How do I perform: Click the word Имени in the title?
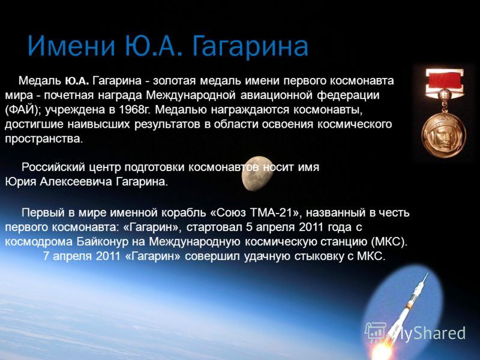(x=71, y=46)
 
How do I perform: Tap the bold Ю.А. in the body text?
(x=77, y=81)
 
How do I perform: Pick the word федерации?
(x=348, y=96)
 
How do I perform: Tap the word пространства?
(x=44, y=139)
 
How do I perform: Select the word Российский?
(x=53, y=167)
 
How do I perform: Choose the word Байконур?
(x=103, y=242)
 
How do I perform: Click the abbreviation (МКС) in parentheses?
(x=388, y=242)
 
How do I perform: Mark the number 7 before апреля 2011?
(x=46, y=256)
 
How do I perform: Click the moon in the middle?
(x=257, y=173)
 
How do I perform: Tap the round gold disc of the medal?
(x=443, y=134)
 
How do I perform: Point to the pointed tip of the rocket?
(x=426, y=274)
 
